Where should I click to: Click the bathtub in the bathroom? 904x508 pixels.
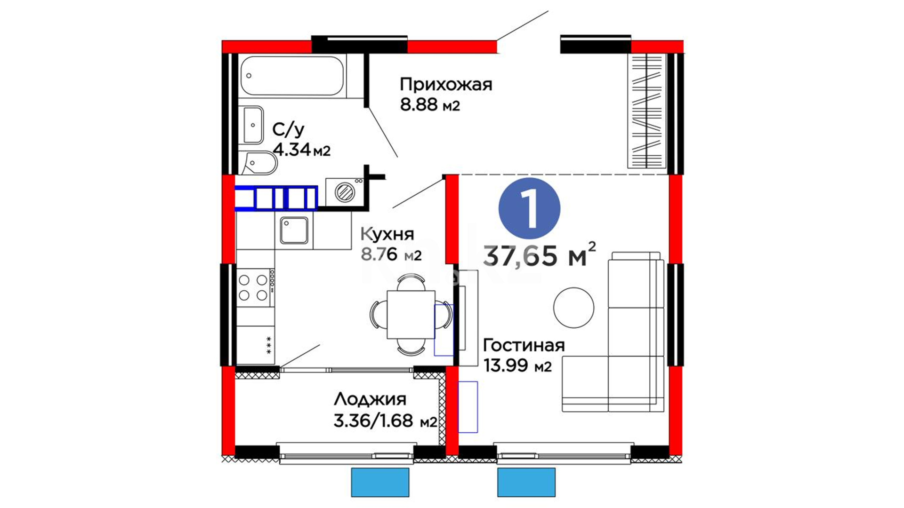(x=292, y=76)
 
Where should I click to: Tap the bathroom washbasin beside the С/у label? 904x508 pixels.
(x=253, y=125)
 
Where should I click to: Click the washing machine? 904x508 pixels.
(x=345, y=192)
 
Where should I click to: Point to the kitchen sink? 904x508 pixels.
(x=294, y=230)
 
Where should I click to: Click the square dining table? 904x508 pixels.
(x=411, y=314)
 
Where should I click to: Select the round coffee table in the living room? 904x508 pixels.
(x=573, y=308)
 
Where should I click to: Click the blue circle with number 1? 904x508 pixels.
(x=529, y=208)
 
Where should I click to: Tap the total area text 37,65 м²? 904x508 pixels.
(x=540, y=255)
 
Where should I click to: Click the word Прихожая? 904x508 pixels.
(x=446, y=85)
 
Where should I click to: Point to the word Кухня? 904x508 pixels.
(x=387, y=234)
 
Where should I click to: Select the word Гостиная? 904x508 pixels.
(x=524, y=345)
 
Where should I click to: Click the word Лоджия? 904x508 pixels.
(x=370, y=399)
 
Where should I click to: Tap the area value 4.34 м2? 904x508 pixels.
(x=301, y=150)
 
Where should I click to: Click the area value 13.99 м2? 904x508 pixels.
(x=517, y=365)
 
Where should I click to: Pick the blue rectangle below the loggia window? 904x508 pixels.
(x=380, y=482)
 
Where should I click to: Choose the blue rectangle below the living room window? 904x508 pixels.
(x=526, y=482)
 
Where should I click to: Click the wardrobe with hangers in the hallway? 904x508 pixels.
(x=647, y=111)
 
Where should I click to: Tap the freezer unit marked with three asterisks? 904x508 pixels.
(x=255, y=345)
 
